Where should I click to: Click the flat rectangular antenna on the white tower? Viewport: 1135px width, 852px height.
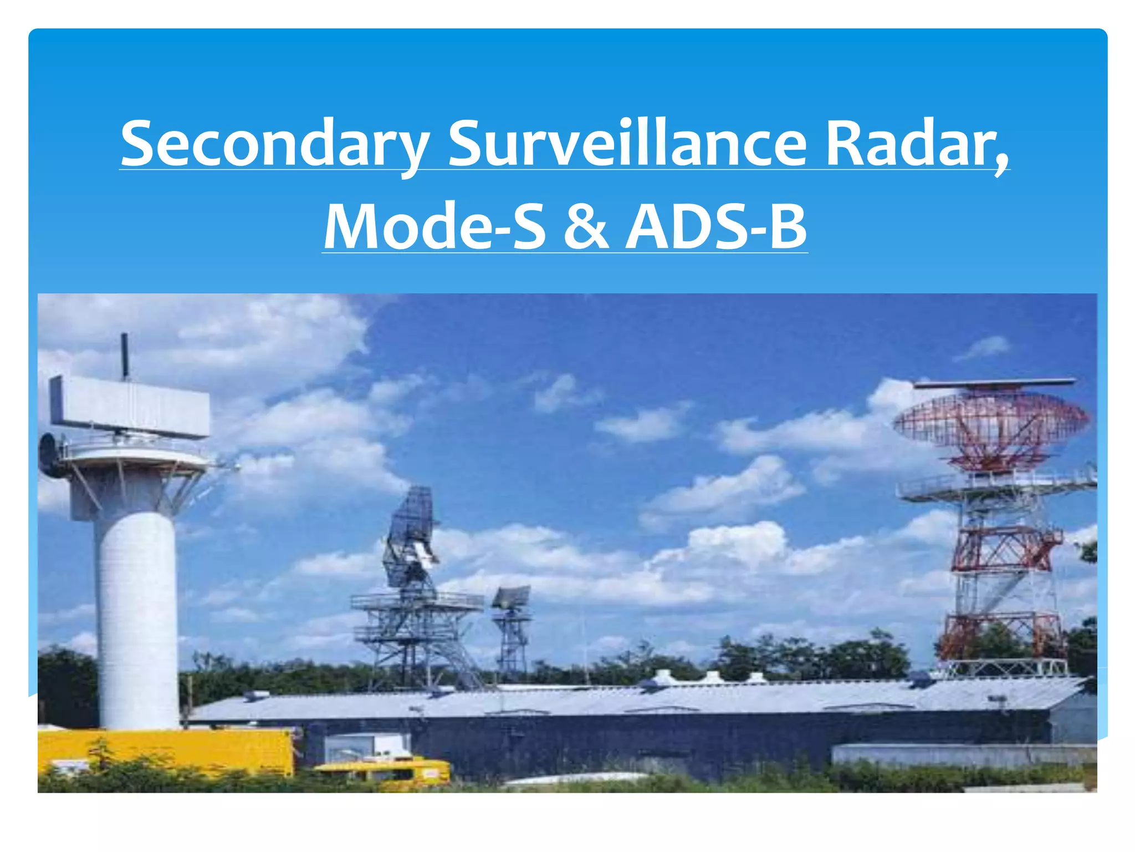[130, 405]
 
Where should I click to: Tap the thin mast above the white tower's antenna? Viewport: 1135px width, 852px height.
[125, 355]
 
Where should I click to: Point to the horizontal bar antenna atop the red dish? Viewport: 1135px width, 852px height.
[995, 383]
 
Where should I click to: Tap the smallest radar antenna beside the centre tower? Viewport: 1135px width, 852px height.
[512, 597]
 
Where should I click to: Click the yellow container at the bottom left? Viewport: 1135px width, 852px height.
[166, 752]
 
